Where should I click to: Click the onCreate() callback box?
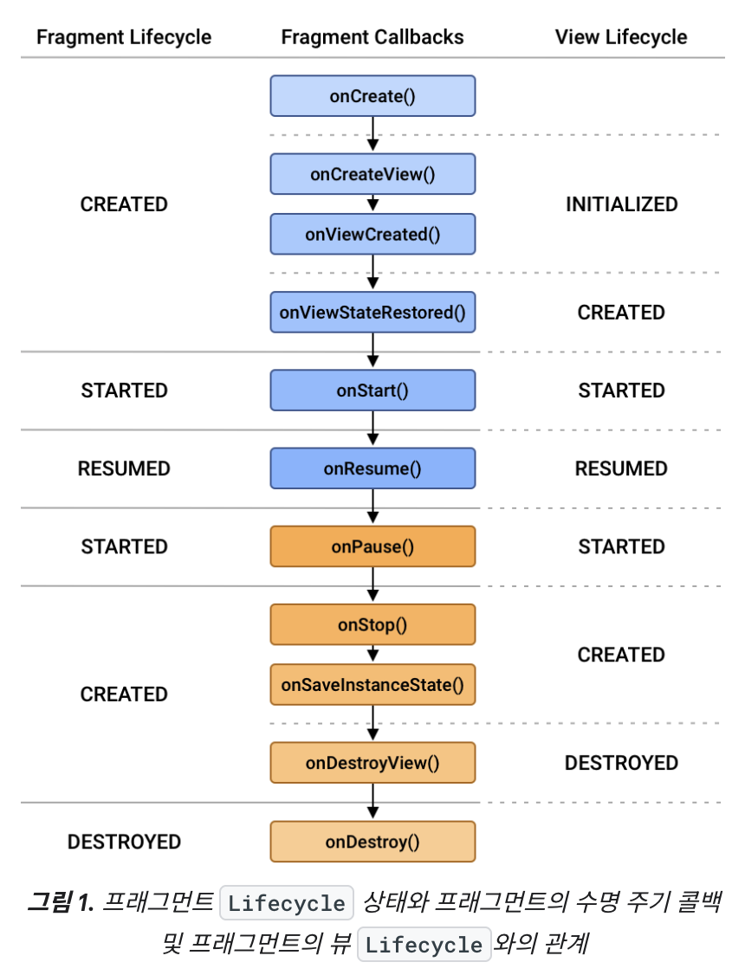coord(372,96)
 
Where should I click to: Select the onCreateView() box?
coord(372,174)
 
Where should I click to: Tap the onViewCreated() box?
coord(372,235)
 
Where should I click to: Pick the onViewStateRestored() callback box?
coord(372,313)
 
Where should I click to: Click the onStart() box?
coord(372,391)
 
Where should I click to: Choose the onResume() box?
coord(372,468)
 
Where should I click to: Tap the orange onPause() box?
coord(372,546)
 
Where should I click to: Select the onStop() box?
coord(372,624)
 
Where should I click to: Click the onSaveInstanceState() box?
coord(372,685)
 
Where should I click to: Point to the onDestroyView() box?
coord(372,763)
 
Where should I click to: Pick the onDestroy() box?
coord(372,842)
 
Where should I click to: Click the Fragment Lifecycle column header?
coord(124,37)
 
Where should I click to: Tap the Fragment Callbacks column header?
coord(372,37)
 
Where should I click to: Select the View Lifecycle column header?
coord(621,37)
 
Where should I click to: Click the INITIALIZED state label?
coord(621,204)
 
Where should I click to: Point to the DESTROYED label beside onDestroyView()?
coord(621,763)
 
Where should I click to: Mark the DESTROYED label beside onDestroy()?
coord(124,842)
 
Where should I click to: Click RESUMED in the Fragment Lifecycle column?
coord(124,468)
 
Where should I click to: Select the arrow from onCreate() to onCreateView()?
coord(372,134)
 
